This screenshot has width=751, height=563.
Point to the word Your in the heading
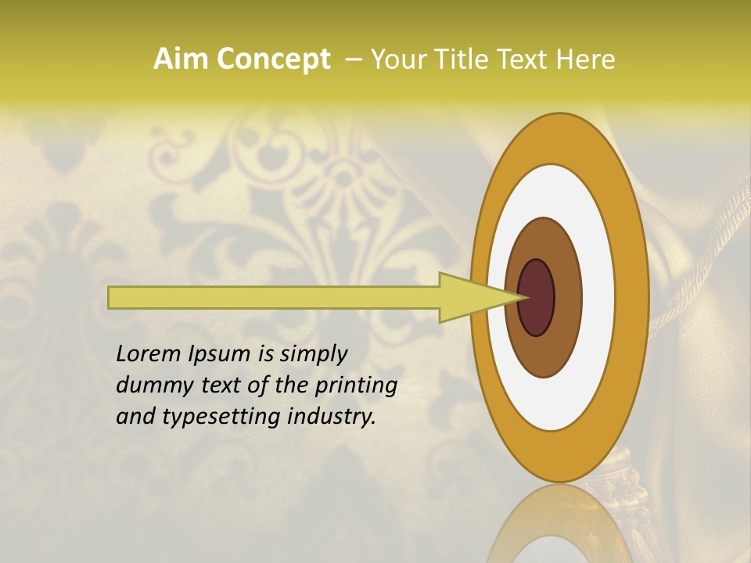click(398, 59)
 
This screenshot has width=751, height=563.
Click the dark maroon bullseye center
click(537, 298)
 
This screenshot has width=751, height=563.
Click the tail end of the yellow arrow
click(111, 297)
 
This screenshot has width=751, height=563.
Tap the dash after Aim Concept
click(353, 59)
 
